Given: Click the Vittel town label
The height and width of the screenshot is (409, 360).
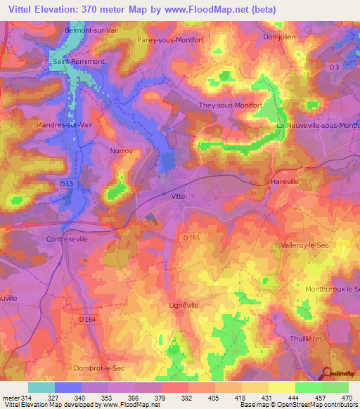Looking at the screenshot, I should click(179, 197).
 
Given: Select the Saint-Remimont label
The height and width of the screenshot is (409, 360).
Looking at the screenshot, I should click(79, 62).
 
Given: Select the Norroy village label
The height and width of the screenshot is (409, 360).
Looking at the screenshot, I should click(121, 150).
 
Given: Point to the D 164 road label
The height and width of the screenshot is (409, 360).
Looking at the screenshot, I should click(87, 319).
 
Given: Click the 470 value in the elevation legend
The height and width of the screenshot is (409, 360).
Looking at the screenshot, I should click(347, 398).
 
